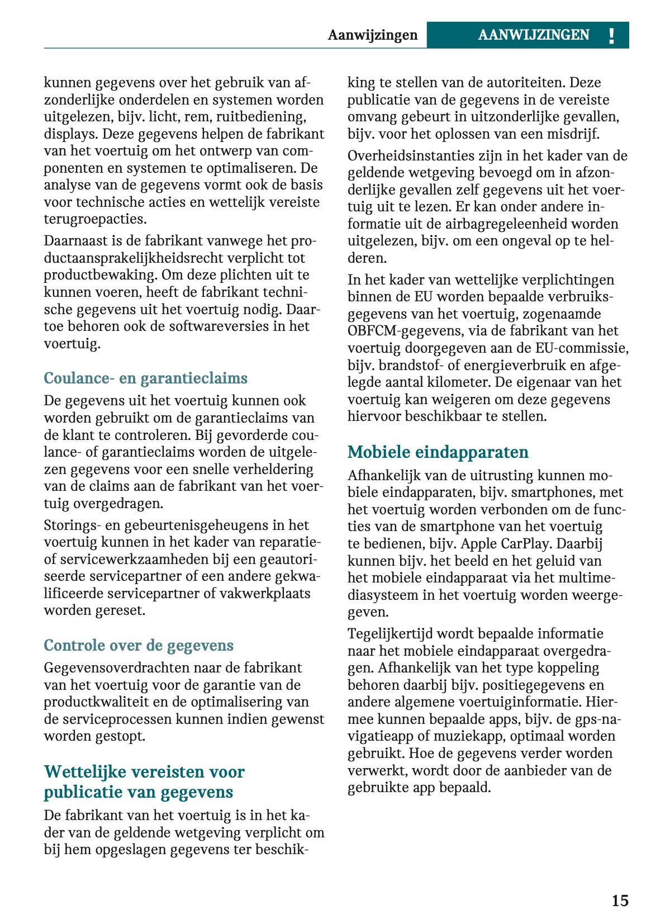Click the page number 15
(x=620, y=901)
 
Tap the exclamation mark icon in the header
(x=611, y=36)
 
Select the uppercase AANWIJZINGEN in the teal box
(x=533, y=35)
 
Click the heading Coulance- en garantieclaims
(x=145, y=378)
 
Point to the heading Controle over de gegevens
(x=139, y=646)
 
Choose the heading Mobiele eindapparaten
(x=438, y=452)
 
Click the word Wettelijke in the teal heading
(x=85, y=772)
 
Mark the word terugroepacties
(x=94, y=219)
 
